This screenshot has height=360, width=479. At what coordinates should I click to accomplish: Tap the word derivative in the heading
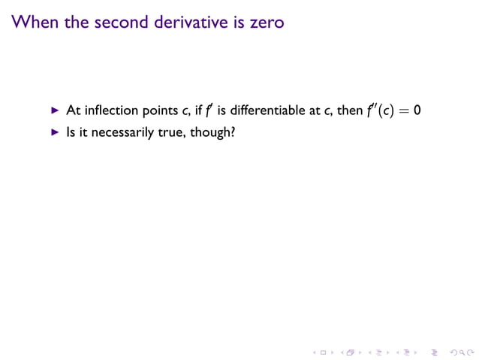click(x=204, y=23)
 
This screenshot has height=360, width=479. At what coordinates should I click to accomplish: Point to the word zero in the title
click(x=267, y=23)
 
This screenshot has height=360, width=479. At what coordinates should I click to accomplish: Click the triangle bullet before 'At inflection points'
click(x=54, y=110)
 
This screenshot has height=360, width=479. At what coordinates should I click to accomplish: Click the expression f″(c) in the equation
click(x=380, y=110)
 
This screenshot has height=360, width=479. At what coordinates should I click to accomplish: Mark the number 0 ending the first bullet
click(x=417, y=110)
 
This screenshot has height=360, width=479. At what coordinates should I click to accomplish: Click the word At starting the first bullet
click(x=73, y=110)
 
